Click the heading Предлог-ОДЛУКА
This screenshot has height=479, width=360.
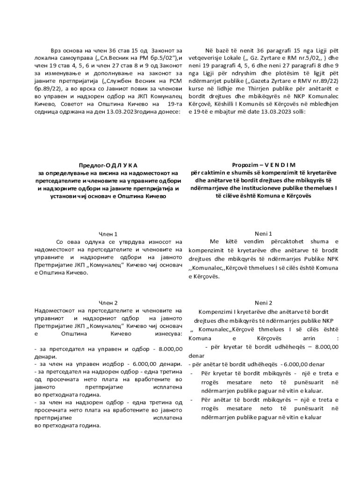108,165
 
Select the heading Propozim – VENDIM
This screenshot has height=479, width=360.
264,165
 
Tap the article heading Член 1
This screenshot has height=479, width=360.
108,234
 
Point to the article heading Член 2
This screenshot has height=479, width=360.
108,303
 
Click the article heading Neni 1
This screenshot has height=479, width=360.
264,233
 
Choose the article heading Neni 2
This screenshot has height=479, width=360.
264,303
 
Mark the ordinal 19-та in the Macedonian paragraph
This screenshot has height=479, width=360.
174,104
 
